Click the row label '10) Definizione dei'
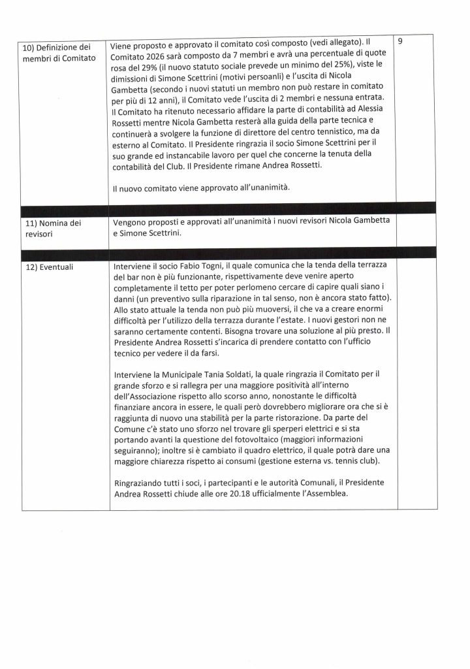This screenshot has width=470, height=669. (x=54, y=47)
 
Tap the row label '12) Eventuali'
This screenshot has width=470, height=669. (x=44, y=267)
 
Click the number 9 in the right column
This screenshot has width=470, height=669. (x=399, y=41)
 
